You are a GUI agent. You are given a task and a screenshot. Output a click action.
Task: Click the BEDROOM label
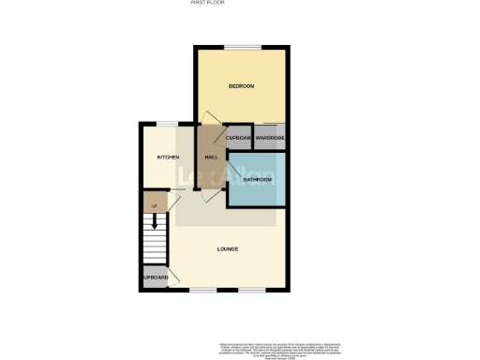(x=242, y=86)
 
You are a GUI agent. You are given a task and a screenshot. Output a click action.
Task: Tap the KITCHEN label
(x=168, y=157)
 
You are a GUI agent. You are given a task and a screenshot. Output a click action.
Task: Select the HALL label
(x=212, y=157)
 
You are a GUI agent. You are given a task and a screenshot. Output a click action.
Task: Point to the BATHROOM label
(x=257, y=178)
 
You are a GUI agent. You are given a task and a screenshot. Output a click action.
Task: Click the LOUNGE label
(x=227, y=248)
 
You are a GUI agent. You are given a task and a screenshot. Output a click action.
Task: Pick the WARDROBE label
(x=270, y=139)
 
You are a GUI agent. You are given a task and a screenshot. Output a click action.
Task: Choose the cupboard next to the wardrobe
(x=239, y=139)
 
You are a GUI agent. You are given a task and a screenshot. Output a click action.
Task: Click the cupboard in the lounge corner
(x=156, y=278)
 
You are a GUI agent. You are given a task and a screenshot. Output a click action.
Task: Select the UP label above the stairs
(x=154, y=205)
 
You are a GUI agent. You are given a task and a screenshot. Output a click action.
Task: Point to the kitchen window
(x=167, y=123)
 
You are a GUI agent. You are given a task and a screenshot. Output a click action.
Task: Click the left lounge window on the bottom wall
(x=202, y=291)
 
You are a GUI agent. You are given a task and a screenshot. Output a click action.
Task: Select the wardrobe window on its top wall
(x=272, y=125)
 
